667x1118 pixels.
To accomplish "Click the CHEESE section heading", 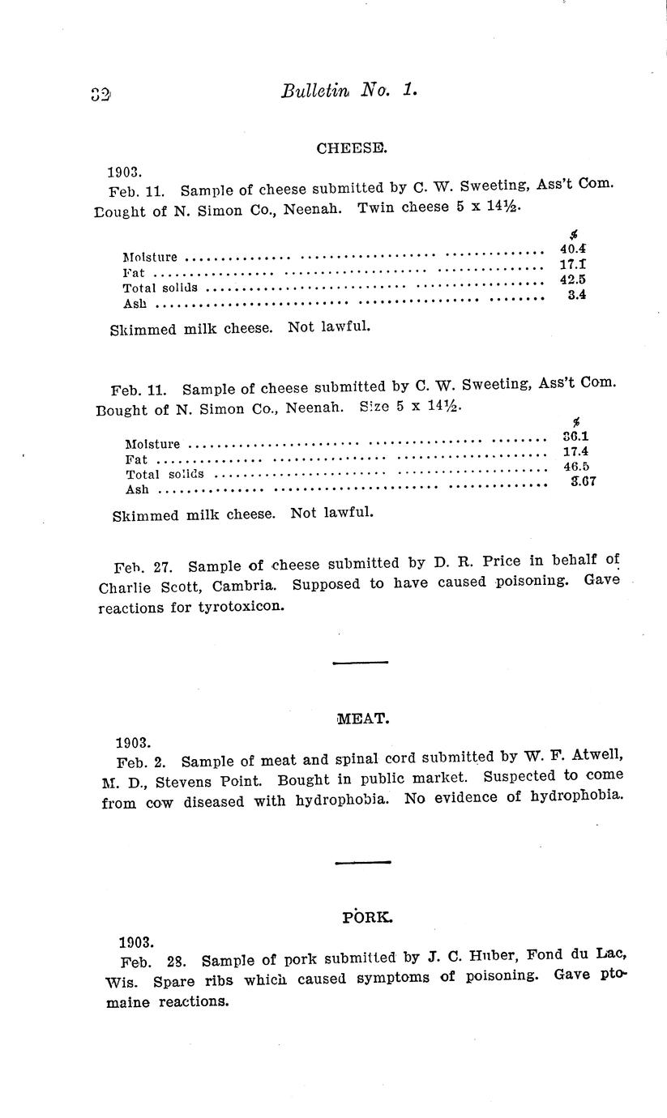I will pyautogui.click(x=340, y=148).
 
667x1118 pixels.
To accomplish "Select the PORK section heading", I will pyautogui.click(x=367, y=917).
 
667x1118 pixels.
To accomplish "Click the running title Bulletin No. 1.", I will pyautogui.click(x=349, y=90).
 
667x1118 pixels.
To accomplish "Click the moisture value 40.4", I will pyautogui.click(x=573, y=249).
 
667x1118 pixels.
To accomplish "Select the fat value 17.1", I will pyautogui.click(x=573, y=264).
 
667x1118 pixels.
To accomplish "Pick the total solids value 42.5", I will pyautogui.click(x=573, y=279).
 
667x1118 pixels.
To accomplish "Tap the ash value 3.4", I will pyautogui.click(x=577, y=295).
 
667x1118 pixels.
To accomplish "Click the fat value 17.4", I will pyautogui.click(x=575, y=451).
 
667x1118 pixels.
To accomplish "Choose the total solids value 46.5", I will pyautogui.click(x=575, y=467).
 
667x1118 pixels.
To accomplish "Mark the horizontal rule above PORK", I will pyautogui.click(x=362, y=862).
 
